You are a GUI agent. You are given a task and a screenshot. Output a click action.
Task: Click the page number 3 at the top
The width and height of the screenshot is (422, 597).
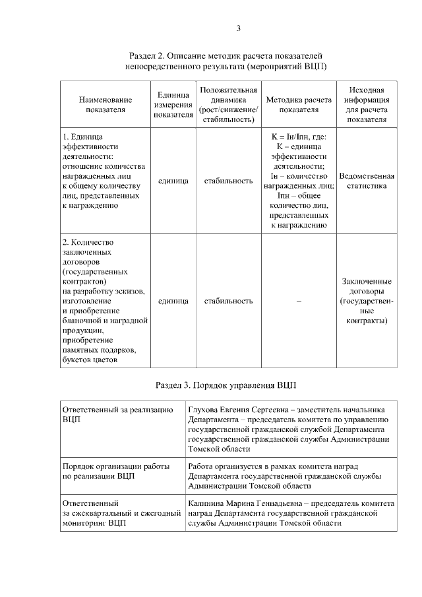[x=238, y=28]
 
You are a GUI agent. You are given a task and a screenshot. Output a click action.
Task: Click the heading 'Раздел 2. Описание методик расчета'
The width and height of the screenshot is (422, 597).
[x=226, y=57]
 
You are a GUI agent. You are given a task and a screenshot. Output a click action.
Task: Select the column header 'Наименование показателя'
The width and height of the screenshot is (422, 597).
[x=105, y=105]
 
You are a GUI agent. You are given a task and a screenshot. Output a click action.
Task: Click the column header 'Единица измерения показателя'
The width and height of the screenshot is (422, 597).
[x=173, y=105]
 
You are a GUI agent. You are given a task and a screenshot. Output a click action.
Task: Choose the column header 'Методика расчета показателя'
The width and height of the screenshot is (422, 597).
[x=299, y=105]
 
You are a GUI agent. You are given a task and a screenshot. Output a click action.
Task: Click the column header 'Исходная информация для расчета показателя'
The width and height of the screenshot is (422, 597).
[x=367, y=105]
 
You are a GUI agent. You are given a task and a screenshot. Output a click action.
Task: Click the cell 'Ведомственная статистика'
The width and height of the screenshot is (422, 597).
[x=367, y=181]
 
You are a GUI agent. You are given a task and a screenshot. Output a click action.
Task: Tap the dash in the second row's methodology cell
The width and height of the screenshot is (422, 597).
[x=299, y=301]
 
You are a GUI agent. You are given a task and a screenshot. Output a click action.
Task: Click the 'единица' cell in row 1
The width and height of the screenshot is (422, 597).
[x=173, y=181]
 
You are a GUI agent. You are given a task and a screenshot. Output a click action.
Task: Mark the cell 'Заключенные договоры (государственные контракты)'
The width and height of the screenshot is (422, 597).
[x=367, y=301]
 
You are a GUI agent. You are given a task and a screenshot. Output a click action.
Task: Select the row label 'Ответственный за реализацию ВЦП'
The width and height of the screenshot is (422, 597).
[x=117, y=414]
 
